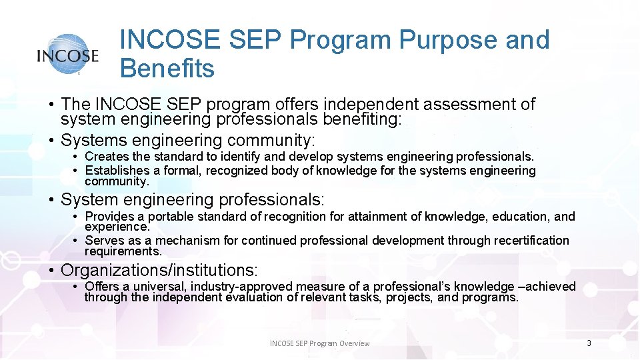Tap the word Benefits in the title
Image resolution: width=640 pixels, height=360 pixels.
tap(167, 68)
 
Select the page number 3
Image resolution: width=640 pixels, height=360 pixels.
tap(589, 343)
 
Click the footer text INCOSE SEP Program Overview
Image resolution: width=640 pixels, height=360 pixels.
tap(319, 343)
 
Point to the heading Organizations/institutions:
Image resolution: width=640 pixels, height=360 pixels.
tap(159, 270)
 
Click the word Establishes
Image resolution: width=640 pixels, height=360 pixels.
tap(117, 171)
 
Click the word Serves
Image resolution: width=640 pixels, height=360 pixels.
tap(103, 241)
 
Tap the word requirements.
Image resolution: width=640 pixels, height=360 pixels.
tap(123, 251)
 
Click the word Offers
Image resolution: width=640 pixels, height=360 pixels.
tap(101, 287)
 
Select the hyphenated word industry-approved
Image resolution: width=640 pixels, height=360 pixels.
tap(241, 287)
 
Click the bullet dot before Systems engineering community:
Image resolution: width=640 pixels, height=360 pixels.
tap(51, 141)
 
